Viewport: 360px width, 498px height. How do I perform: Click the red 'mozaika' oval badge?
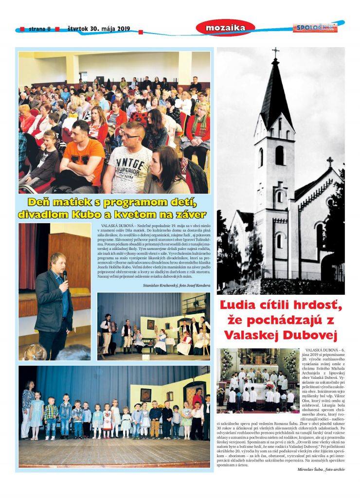pos(225,28)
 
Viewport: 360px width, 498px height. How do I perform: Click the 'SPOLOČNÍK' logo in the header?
pos(315,28)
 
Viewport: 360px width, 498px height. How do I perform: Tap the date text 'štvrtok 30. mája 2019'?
pos(99,28)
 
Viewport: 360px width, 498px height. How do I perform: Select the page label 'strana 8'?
pos(39,29)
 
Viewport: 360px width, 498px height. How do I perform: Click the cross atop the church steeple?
pos(276,51)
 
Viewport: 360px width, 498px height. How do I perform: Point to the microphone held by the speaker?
pos(65,275)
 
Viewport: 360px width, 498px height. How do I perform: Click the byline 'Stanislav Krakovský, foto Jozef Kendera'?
pos(177,285)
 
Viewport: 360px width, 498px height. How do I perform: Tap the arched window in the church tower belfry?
pos(280,156)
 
